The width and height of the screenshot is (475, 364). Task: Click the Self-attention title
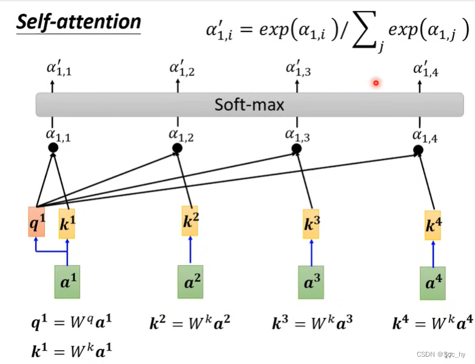point(78,22)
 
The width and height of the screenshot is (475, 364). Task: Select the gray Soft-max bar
point(249,105)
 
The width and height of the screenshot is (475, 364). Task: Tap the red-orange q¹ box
point(37,222)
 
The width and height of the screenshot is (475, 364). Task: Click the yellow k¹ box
point(67,223)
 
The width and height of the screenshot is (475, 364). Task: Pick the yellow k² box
point(190,221)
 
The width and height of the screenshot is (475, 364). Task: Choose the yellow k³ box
point(311,223)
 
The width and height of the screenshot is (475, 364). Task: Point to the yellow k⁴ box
point(433,225)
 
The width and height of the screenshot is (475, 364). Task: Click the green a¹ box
point(67,281)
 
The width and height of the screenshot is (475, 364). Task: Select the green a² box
point(190,281)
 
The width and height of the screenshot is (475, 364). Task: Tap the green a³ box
point(311,283)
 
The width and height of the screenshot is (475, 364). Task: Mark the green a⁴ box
point(433,283)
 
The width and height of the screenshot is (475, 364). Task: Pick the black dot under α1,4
point(418,149)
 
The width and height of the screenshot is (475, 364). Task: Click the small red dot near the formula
point(376,83)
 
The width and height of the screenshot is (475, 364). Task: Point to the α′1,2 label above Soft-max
point(182,70)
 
